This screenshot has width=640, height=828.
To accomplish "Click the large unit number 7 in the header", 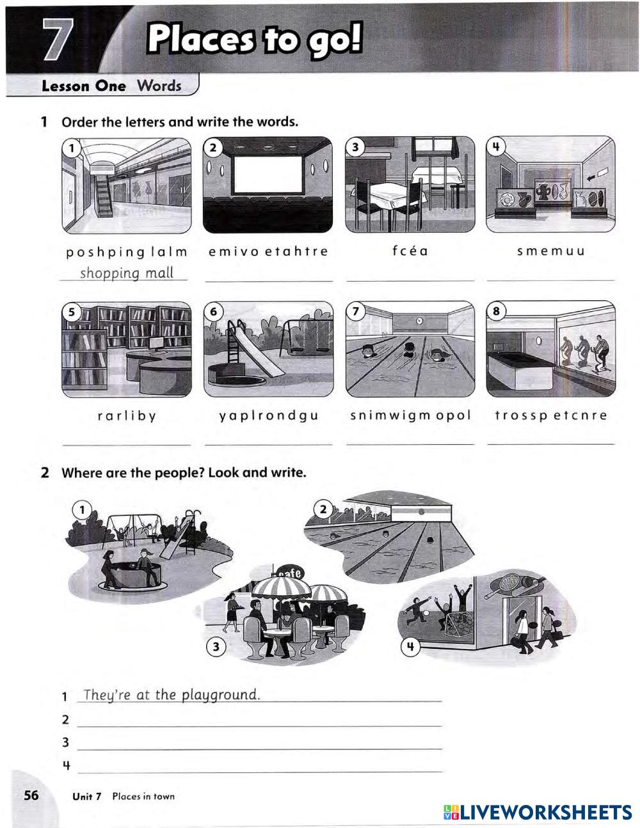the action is pos(58,39).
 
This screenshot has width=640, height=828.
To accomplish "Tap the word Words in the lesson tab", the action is pos(159,85).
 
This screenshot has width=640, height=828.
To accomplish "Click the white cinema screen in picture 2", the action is pos(268,175).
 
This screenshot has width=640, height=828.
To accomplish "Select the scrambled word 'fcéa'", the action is pos(410,250).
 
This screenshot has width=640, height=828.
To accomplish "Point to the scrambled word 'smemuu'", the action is pos(550,251).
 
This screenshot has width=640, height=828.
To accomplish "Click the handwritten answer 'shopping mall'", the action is pos(127,273).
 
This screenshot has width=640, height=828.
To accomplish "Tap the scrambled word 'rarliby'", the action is pos(127,416).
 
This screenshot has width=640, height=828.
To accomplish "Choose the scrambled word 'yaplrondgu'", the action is pos(269,416).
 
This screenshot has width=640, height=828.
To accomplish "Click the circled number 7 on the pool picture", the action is pos(355,311).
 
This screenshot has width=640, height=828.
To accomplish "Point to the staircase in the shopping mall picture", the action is pos(103,194).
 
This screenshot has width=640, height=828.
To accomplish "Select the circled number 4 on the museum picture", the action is pos(496,147).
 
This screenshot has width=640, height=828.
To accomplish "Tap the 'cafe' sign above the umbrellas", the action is pos(289,573).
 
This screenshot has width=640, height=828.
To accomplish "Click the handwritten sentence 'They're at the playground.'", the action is pos(172,695).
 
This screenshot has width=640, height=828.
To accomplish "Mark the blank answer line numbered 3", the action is pos(259,749).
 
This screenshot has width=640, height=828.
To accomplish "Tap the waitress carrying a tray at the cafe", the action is pos(233,612).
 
